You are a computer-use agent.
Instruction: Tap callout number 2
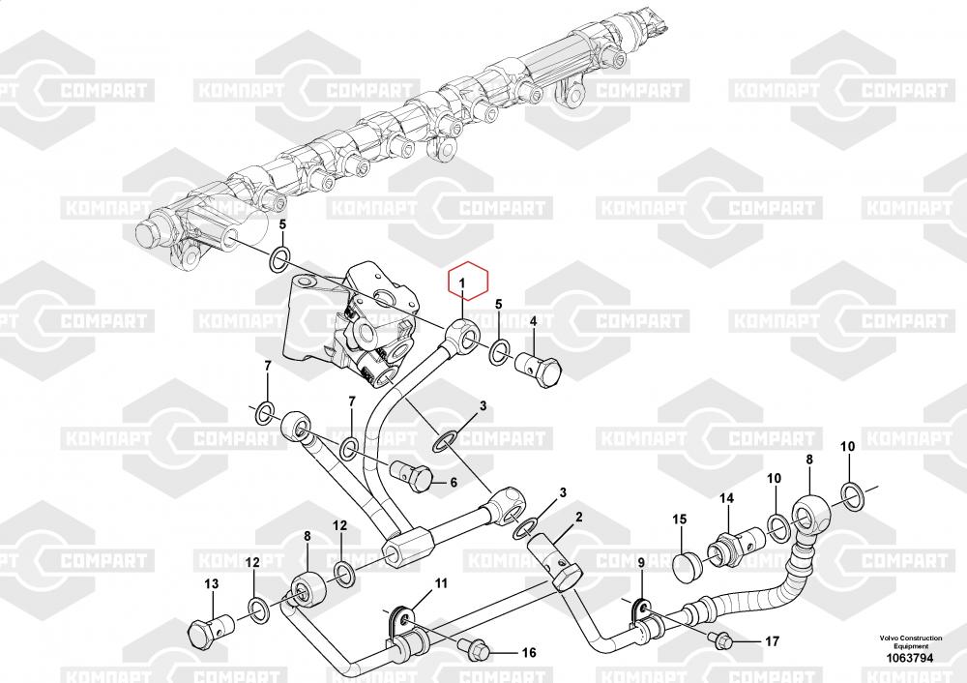coord(578,518)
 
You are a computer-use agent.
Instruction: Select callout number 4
coord(532,320)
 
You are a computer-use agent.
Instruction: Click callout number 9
coord(640,564)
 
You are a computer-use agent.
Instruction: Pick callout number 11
coord(440,583)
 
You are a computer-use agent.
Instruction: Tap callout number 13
coord(212,583)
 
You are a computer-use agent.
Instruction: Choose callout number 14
coord(726,499)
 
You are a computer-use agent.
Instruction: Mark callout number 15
coord(679,520)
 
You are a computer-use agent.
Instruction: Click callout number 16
coord(529,653)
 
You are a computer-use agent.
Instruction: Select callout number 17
coord(771,640)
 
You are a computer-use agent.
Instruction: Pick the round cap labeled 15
coord(688,564)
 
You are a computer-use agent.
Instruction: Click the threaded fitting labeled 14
coord(726,547)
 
